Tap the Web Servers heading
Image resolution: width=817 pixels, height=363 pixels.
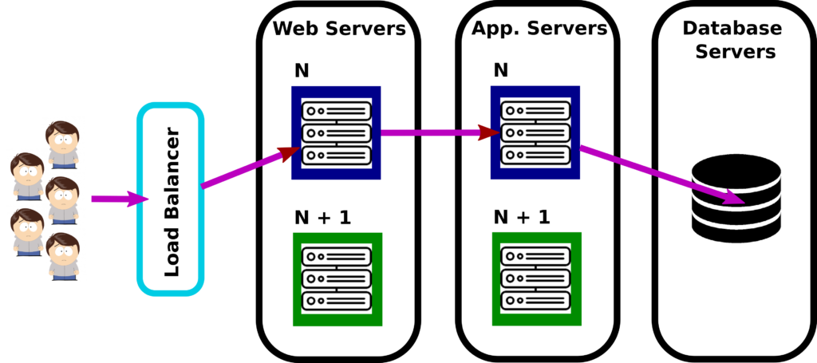(338, 28)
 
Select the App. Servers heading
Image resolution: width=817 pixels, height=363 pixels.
(539, 28)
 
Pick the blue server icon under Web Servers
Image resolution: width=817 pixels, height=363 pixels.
(336, 132)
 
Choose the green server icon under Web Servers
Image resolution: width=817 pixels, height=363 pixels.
(337, 280)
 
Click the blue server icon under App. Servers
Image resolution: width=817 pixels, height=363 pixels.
(535, 132)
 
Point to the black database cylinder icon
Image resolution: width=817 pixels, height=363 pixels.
(736, 201)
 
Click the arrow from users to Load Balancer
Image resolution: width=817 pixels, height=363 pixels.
(119, 199)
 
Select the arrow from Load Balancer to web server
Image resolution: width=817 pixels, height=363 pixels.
(251, 167)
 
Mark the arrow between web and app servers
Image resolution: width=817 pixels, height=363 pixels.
(440, 132)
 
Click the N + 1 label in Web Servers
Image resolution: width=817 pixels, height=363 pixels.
(323, 217)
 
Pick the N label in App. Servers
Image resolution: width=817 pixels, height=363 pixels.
(501, 70)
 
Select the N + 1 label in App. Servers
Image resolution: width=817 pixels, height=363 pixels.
(522, 217)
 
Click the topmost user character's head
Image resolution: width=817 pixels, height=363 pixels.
(62, 134)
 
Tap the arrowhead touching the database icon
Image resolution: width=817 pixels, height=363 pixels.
(734, 199)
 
